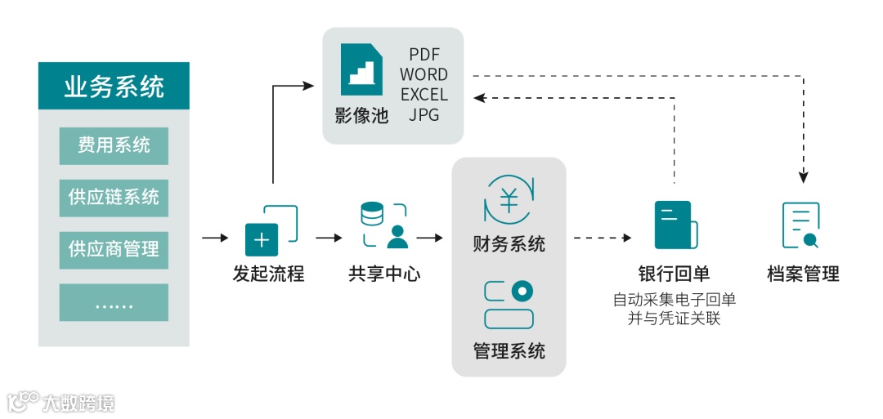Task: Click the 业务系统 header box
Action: click(x=114, y=86)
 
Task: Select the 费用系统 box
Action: click(x=114, y=146)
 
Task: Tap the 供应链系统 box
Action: click(x=114, y=198)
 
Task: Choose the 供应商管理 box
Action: click(x=114, y=249)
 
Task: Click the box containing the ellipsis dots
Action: click(x=114, y=302)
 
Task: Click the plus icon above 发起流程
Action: click(x=262, y=239)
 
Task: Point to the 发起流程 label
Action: click(x=268, y=274)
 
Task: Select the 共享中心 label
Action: click(x=384, y=274)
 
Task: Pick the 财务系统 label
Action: click(x=509, y=244)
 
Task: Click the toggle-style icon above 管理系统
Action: click(x=509, y=304)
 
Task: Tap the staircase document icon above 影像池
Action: click(x=361, y=69)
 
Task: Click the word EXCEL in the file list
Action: click(x=424, y=96)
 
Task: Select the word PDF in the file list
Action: click(x=424, y=55)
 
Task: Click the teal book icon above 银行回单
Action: click(x=675, y=225)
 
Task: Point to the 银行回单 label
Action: click(x=674, y=274)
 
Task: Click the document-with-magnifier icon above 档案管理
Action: click(x=801, y=225)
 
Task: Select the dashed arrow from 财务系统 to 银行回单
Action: click(x=603, y=238)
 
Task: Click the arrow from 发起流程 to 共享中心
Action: click(x=329, y=238)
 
